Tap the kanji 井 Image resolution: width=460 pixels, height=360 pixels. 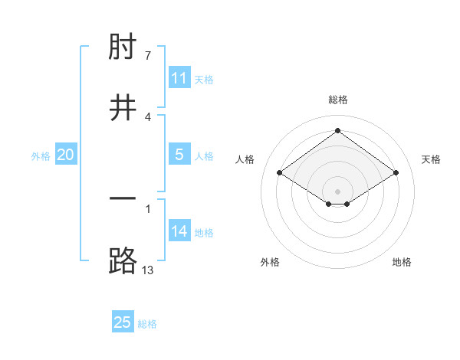coord(123,108)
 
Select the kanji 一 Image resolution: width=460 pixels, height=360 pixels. coord(123,200)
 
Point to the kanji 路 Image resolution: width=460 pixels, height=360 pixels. coord(123,260)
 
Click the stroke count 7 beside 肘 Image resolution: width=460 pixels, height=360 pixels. coord(149,56)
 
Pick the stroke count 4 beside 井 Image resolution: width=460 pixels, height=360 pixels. coord(149,116)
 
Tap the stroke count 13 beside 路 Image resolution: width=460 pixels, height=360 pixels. coord(149,269)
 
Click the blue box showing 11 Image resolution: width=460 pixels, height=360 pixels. coord(179,78)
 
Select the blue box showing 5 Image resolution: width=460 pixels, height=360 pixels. coord(179,155)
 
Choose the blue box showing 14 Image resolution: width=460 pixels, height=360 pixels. coord(179,231)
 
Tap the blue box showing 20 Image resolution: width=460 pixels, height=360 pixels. coord(66,155)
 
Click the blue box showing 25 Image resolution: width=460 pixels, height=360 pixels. coord(123,322)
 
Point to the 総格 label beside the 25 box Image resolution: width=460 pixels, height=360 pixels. coord(147,324)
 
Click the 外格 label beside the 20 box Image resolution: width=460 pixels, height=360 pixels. coord(41,156)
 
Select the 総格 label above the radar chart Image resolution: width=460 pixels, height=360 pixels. coord(338,100)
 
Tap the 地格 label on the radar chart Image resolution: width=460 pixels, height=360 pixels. coord(402,262)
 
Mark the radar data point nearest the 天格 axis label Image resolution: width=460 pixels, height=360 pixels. coord(396,173)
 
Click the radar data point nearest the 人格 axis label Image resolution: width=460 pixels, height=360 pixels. coord(280,173)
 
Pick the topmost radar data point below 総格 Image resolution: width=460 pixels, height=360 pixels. coord(338,130)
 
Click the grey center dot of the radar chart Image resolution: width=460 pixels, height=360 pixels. coord(338,191)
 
